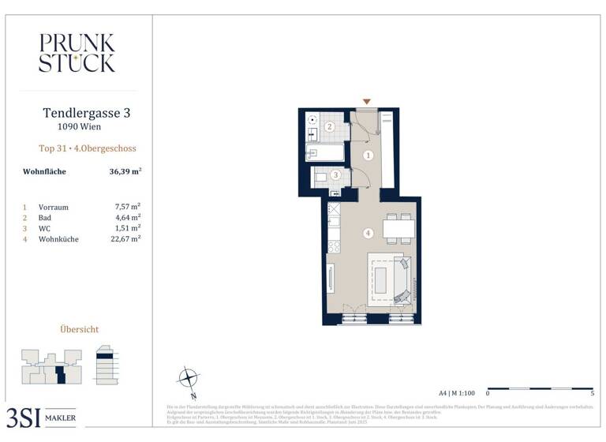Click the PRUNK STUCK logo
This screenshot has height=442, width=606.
[77, 53]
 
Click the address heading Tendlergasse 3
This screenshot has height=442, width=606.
[86, 113]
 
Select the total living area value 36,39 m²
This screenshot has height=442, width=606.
[125, 170]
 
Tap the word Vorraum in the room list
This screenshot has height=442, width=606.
[54, 207]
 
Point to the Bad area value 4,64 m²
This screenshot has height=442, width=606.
[128, 217]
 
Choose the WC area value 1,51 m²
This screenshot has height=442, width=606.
[128, 227]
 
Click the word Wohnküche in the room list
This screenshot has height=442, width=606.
[58, 238]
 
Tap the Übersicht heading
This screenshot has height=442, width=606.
[80, 329]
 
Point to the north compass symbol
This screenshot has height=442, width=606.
[189, 376]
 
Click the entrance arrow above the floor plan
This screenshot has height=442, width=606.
[366, 102]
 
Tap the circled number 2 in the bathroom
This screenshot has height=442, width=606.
[331, 125]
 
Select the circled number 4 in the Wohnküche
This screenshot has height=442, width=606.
[368, 233]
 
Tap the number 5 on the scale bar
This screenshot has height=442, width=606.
[592, 392]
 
